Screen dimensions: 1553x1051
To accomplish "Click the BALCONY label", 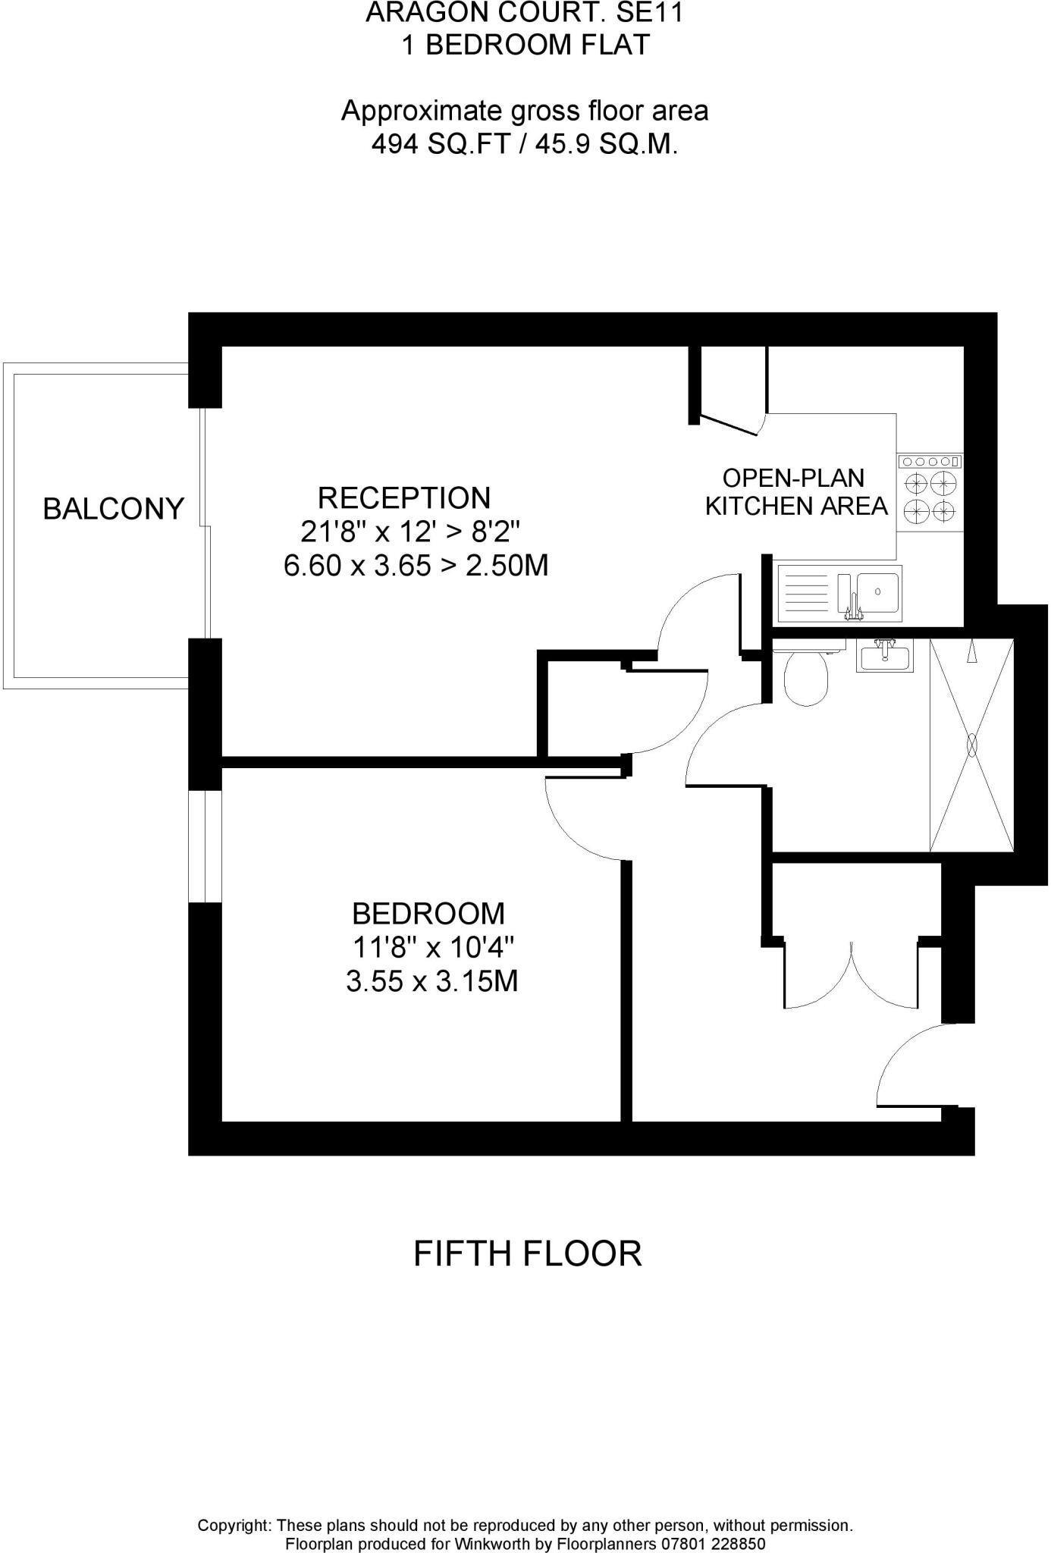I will point(113,508).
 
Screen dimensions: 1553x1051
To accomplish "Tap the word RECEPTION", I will point(404,498).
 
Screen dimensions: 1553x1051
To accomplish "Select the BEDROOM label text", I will point(428,914).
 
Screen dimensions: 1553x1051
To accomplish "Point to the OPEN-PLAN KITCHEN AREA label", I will point(795,492).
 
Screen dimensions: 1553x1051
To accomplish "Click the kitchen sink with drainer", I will point(839,593).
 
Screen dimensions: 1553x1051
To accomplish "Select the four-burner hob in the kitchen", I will point(930,497).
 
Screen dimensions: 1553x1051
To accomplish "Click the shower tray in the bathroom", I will point(971,745).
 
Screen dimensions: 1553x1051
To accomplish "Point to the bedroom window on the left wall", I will point(205,846).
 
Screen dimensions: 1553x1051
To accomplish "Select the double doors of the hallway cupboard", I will point(853,978).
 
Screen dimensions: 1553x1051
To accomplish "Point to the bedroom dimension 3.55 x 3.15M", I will point(431,982).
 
